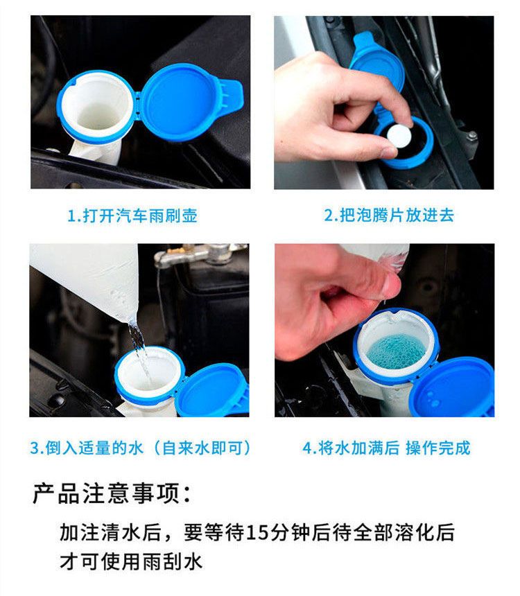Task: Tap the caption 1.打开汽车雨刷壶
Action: tap(132, 216)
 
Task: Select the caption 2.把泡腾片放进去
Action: tap(389, 215)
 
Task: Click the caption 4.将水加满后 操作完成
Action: tap(386, 448)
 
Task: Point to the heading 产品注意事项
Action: tap(112, 493)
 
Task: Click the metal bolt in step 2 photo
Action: tap(472, 135)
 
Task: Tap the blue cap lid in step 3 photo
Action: tap(214, 391)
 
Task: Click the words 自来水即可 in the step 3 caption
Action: tap(202, 448)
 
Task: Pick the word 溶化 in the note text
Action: tap(413, 532)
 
